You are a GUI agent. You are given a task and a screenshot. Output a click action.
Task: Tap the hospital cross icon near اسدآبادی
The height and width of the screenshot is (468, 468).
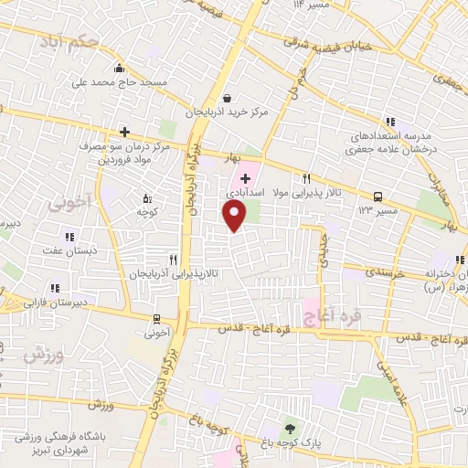[245, 175]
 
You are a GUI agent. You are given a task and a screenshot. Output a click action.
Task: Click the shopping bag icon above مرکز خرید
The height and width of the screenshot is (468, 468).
[227, 98]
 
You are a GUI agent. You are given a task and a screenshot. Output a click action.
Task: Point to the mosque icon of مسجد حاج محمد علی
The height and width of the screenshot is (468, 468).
[118, 68]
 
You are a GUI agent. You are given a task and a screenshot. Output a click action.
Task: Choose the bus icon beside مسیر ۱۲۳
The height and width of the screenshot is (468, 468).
[378, 196]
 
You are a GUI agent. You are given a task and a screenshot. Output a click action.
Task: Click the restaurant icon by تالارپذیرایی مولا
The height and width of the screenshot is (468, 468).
[306, 179]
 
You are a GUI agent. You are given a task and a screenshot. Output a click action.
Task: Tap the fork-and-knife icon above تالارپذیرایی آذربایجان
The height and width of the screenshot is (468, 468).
[172, 260]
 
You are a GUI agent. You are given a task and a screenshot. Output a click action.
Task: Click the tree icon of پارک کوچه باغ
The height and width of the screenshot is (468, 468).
[290, 429]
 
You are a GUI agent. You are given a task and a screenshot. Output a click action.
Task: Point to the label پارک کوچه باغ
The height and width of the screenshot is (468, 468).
[290, 445]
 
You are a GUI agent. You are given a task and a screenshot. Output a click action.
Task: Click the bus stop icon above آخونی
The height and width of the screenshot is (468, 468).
[156, 319]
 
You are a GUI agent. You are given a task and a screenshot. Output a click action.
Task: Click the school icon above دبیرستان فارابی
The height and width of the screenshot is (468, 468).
[55, 285]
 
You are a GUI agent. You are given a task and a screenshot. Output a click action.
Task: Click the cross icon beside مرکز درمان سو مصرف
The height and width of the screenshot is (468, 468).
[124, 132]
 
